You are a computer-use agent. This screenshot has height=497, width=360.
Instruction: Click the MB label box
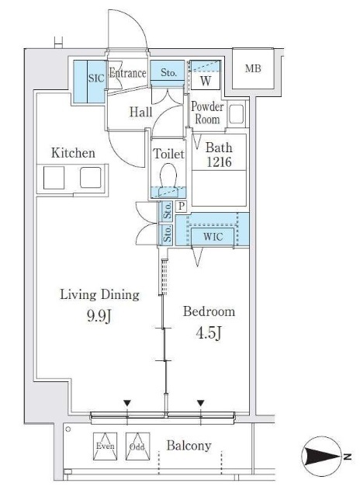coord(253,68)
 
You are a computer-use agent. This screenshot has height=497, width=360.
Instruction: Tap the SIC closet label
coord(96,78)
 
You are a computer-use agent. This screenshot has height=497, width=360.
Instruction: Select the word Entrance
coord(127,73)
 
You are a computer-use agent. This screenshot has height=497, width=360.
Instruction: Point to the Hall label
coord(141,112)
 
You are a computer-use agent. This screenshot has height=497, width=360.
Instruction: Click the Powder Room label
coord(207,113)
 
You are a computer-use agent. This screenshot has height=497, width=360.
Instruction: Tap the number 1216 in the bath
coord(219,162)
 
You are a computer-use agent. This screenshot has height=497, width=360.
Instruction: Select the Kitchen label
coord(73,153)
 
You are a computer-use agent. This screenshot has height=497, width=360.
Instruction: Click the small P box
coord(181,207)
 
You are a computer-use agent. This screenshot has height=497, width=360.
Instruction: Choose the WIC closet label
coord(213,236)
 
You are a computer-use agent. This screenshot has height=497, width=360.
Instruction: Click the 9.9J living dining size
coord(99,315)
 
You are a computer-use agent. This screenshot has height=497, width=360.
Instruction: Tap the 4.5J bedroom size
coord(209,333)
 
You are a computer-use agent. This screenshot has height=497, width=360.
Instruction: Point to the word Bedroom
coord(209,311)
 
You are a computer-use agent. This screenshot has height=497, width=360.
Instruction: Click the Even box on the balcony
coord(105,447)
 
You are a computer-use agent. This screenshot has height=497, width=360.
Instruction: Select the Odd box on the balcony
coord(137,447)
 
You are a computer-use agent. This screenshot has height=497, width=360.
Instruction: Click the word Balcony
coord(189,445)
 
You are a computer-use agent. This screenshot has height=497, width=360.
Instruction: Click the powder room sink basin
coord(236,114)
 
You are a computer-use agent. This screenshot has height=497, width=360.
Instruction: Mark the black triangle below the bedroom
coord(200,403)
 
